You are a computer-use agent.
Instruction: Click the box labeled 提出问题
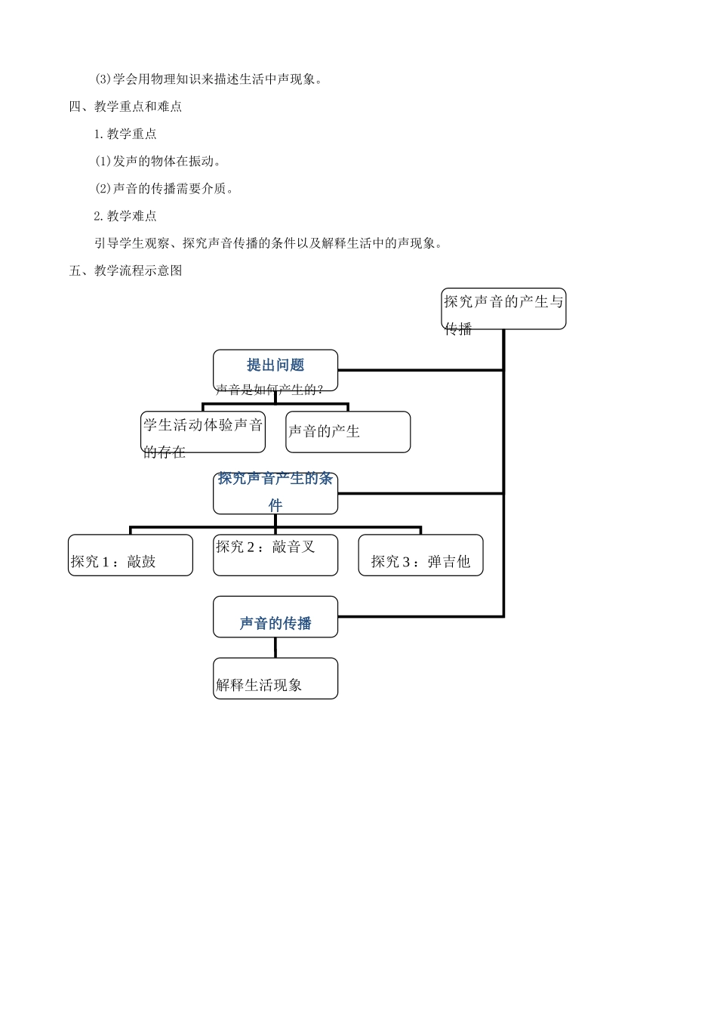pyautogui.click(x=275, y=366)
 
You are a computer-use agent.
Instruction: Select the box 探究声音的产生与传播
pyautogui.click(x=503, y=309)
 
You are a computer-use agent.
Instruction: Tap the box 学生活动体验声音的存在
pyautogui.click(x=203, y=432)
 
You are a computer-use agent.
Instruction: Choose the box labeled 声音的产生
pyautogui.click(x=348, y=432)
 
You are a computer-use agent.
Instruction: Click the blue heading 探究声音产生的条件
pyautogui.click(x=275, y=492)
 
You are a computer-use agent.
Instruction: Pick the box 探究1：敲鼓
pyautogui.click(x=131, y=555)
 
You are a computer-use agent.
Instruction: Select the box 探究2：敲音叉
pyautogui.click(x=275, y=555)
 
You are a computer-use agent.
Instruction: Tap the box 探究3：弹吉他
pyautogui.click(x=420, y=555)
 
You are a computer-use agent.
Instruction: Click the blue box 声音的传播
pyautogui.click(x=275, y=617)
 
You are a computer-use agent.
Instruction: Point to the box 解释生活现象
pyautogui.click(x=275, y=678)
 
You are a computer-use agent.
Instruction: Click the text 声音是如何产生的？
pyautogui.click(x=269, y=390)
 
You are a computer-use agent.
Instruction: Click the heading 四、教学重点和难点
pyautogui.click(x=126, y=106)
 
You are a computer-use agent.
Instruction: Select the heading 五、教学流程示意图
pyautogui.click(x=126, y=270)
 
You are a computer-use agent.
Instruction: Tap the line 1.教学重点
pyautogui.click(x=125, y=134)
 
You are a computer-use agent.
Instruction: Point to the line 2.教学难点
pyautogui.click(x=125, y=216)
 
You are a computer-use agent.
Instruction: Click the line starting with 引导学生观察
pyautogui.click(x=268, y=243)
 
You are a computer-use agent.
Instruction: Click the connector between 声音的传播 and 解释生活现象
pyautogui.click(x=275, y=647)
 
